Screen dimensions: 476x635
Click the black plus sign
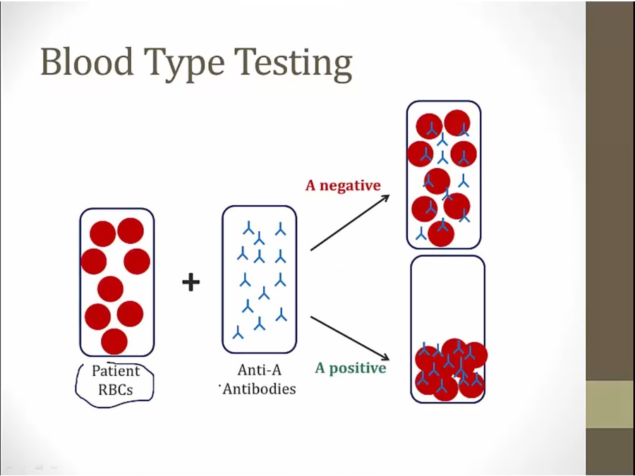[190, 282]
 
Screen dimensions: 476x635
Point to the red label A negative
[343, 185]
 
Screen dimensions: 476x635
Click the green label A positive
[350, 368]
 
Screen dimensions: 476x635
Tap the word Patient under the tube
[116, 371]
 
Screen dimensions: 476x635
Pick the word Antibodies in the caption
[259, 389]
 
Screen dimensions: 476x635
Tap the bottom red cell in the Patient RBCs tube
[114, 341]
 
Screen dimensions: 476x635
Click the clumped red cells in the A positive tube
[449, 369]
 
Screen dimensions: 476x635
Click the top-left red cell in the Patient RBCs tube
[102, 233]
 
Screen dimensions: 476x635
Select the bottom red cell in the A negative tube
[441, 233]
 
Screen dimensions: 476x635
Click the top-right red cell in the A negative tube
[456, 123]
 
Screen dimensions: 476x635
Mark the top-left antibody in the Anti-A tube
[248, 228]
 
